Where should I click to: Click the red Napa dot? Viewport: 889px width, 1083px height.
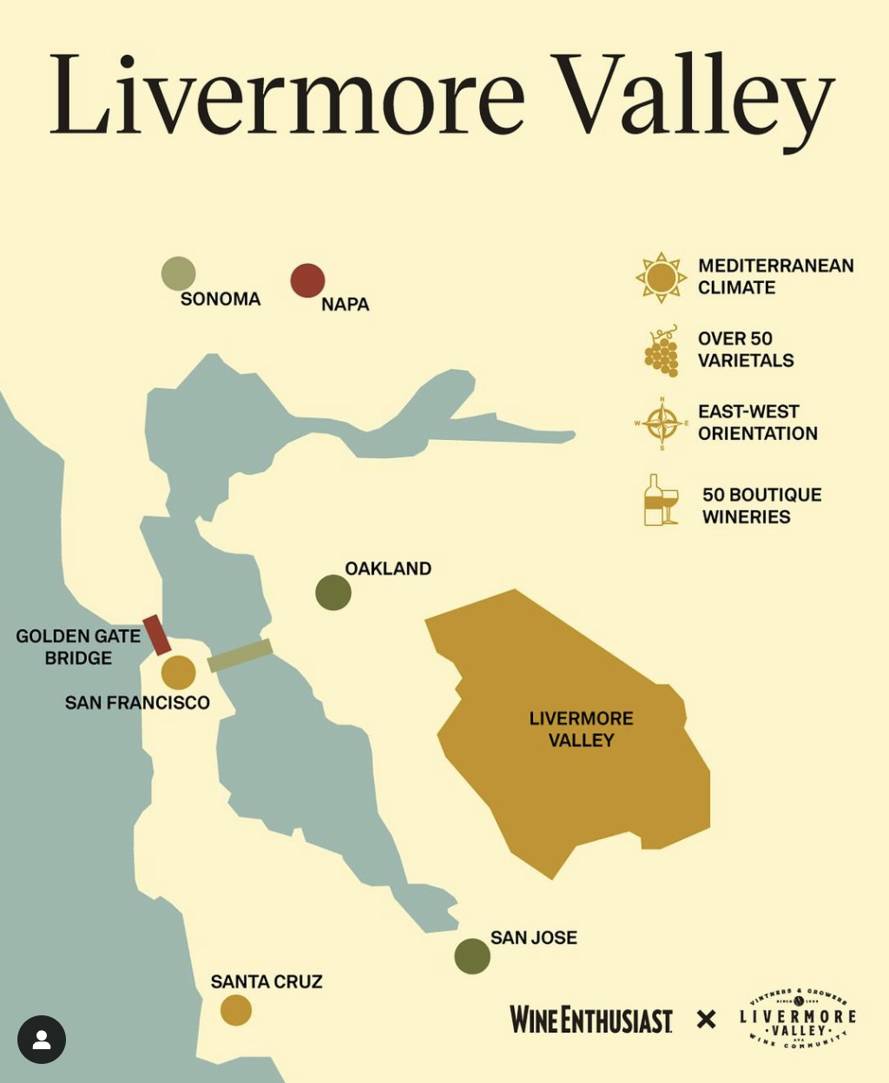tap(307, 280)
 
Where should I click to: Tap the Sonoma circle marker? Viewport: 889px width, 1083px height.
tap(178, 273)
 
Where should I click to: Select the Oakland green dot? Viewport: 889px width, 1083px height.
tap(333, 593)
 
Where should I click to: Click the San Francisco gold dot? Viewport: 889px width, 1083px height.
tap(178, 673)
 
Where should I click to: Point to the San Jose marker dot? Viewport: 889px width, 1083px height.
tap(472, 956)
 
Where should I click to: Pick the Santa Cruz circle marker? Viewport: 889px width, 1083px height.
tap(236, 1010)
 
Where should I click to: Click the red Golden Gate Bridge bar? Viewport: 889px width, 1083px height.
tap(157, 634)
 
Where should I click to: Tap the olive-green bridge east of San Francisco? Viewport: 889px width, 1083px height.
tap(240, 655)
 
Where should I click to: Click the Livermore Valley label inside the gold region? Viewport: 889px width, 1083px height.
tap(581, 729)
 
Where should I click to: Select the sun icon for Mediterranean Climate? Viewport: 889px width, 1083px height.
tap(661, 278)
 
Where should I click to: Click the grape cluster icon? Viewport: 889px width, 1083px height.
tap(662, 351)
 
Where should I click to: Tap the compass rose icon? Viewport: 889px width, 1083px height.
tap(662, 423)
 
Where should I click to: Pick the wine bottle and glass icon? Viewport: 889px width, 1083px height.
tap(661, 501)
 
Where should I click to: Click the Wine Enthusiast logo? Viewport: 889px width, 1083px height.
tap(591, 1020)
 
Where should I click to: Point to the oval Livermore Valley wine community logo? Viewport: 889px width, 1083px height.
tap(798, 1018)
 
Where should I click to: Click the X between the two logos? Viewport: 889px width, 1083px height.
tap(707, 1020)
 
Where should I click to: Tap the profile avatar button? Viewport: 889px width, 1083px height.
tap(42, 1040)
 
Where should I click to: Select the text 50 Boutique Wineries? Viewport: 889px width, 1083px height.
tap(761, 506)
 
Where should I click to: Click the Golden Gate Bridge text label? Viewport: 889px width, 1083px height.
tap(78, 647)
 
